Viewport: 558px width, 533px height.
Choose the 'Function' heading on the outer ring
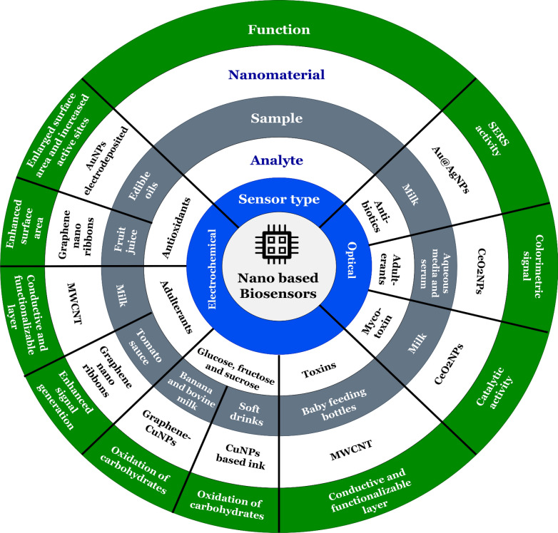click(278, 30)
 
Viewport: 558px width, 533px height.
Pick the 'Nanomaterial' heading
click(277, 74)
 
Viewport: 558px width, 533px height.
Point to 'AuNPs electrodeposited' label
click(98, 167)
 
